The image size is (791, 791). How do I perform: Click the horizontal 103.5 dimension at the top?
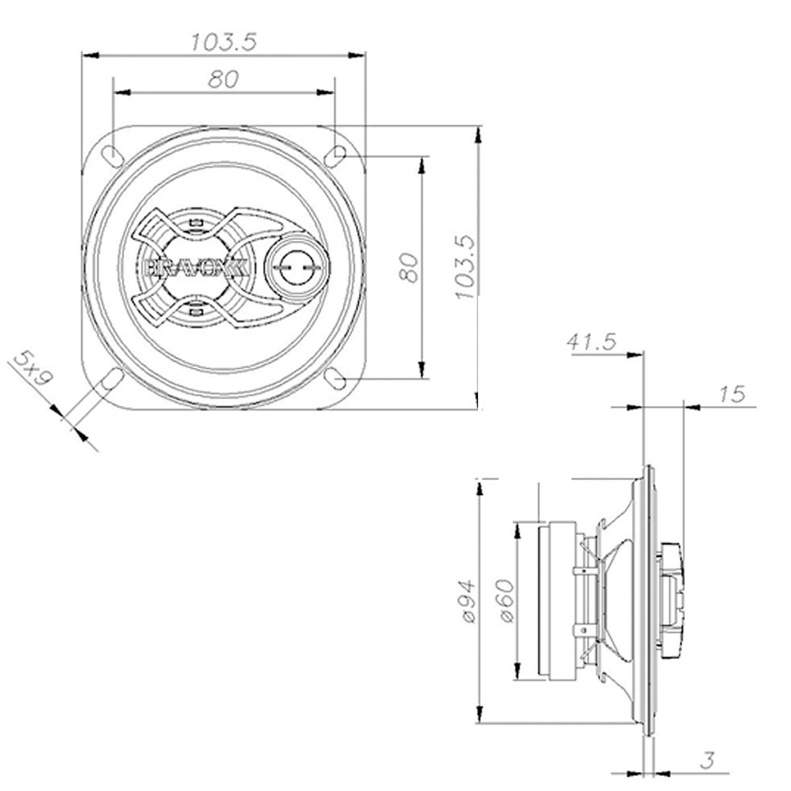[x=223, y=43]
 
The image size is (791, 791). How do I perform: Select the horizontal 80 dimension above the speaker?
[x=223, y=80]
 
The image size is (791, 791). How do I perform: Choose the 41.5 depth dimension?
[x=591, y=341]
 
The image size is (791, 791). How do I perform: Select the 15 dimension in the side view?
[x=732, y=394]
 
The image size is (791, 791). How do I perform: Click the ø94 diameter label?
[x=467, y=601]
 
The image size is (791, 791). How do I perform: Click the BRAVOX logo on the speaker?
[x=196, y=267]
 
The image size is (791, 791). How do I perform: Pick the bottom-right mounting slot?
[x=336, y=380]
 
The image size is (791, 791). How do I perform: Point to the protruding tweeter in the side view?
[x=672, y=600]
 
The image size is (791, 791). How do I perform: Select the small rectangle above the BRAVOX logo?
[x=194, y=223]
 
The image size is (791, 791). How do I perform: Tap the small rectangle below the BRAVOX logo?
[x=194, y=308]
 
